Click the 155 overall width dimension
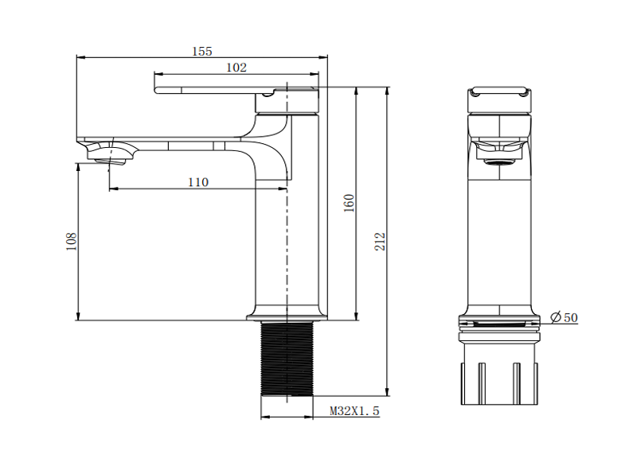201,51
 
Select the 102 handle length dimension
236,68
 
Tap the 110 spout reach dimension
198,182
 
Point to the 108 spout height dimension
72,241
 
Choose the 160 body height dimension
350,203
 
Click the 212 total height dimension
380,241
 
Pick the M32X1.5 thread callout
354,411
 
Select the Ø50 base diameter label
564,318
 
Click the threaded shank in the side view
287,358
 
